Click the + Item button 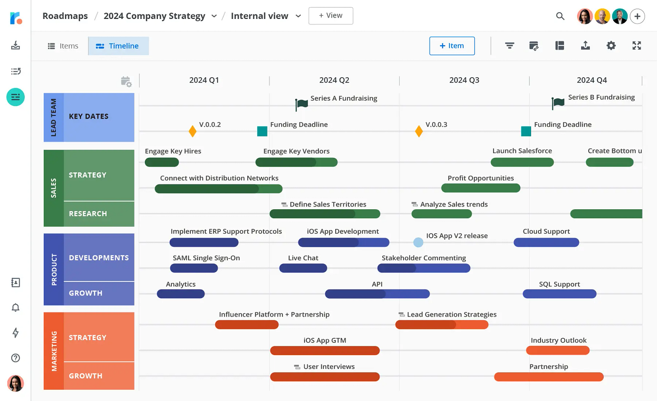coord(452,46)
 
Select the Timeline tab coord(118,46)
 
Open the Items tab coord(63,46)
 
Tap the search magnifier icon coord(560,16)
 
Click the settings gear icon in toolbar coord(611,46)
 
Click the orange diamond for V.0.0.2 coord(193,131)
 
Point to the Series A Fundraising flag coord(301,104)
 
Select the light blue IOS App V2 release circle coord(418,243)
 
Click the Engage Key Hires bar coord(162,162)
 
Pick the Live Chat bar coord(303,268)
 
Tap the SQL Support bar coord(559,294)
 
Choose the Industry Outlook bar coord(558,350)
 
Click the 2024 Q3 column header coord(464,80)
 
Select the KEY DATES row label coord(89,116)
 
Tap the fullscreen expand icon coord(637,46)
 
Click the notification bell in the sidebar coord(15,308)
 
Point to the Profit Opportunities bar coord(481,188)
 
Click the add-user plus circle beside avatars coord(637,17)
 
